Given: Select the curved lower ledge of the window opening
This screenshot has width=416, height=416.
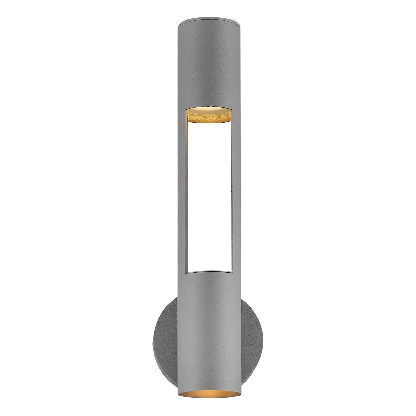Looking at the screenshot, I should coord(208,272).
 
